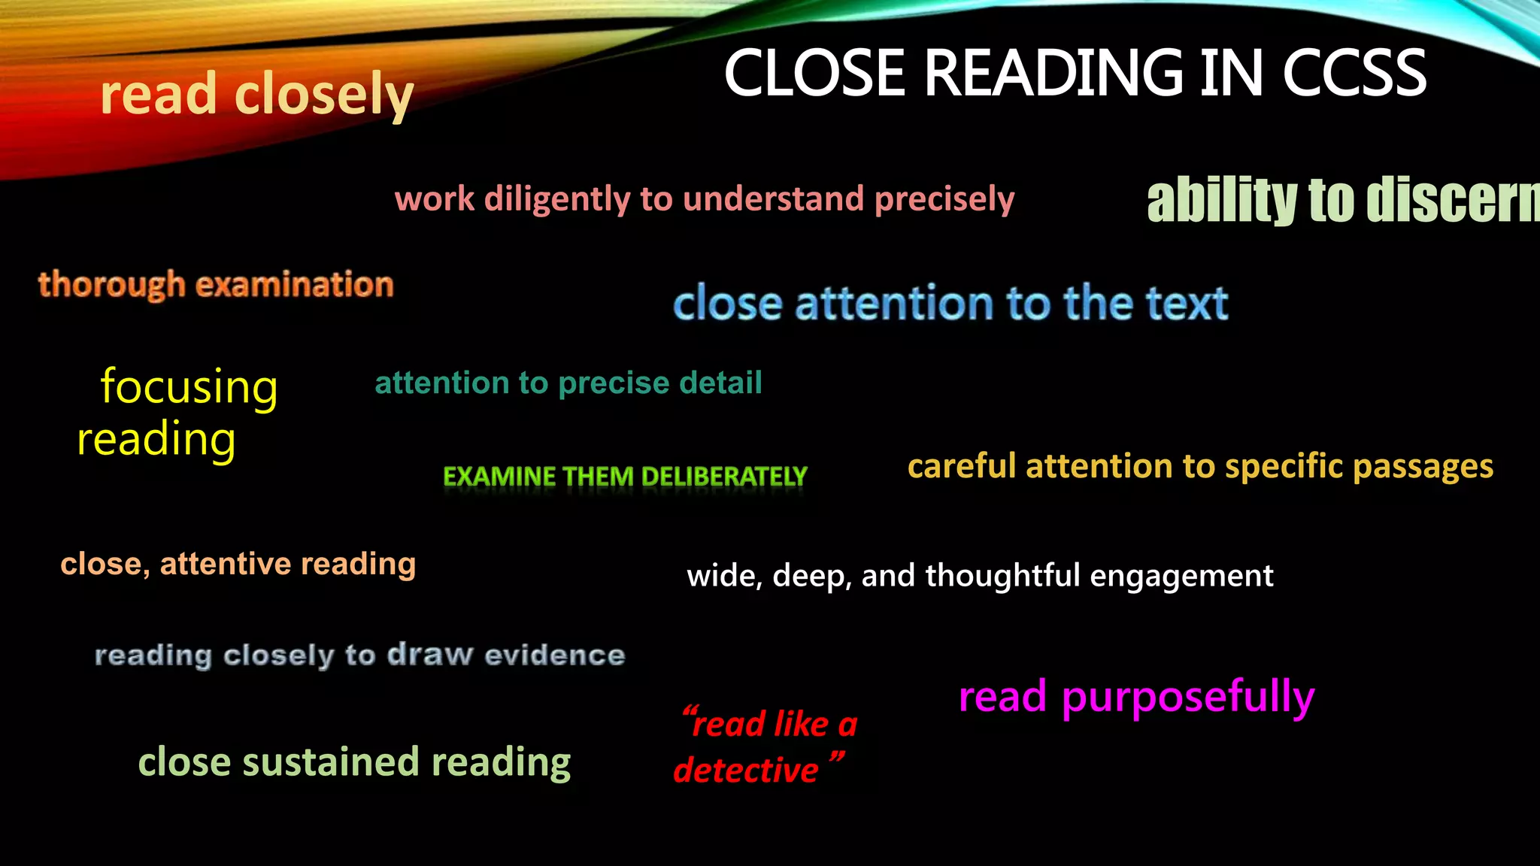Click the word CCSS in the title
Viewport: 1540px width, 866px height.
(1354, 73)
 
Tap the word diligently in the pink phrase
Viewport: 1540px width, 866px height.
(557, 200)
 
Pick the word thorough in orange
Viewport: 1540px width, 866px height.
(111, 286)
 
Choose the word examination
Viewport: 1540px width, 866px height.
(294, 285)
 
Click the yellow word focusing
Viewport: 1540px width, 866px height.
(189, 388)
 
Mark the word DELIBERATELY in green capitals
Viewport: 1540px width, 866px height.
(723, 477)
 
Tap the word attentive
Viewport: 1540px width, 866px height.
(225, 564)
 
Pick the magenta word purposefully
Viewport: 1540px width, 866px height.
(1187, 697)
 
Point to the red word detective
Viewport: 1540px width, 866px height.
(745, 771)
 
